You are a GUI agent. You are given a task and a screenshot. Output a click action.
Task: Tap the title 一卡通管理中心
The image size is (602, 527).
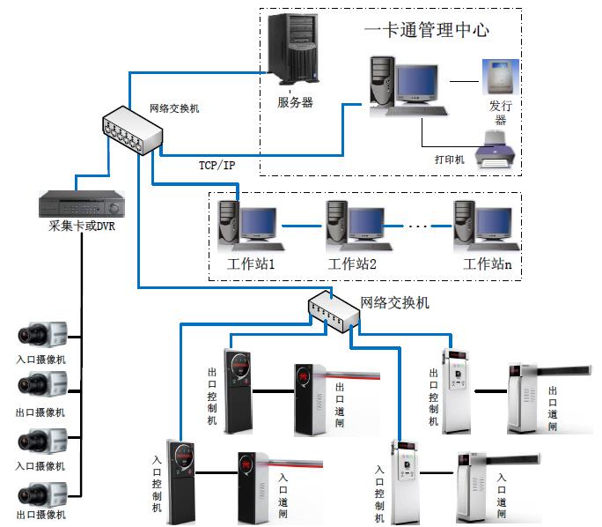(426, 29)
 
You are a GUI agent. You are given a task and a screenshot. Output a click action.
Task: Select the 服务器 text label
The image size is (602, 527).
(295, 102)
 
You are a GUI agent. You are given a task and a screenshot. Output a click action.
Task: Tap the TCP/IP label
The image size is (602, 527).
(217, 166)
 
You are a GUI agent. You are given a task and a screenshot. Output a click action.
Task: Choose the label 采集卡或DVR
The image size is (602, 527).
(81, 226)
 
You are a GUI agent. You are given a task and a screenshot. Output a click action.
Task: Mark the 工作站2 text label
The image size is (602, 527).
(352, 263)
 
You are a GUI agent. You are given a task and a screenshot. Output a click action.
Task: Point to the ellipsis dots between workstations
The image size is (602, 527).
(418, 227)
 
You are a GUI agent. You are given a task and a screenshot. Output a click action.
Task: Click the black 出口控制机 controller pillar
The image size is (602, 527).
(238, 390)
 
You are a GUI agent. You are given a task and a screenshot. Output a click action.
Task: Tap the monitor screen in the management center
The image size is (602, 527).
(415, 82)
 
